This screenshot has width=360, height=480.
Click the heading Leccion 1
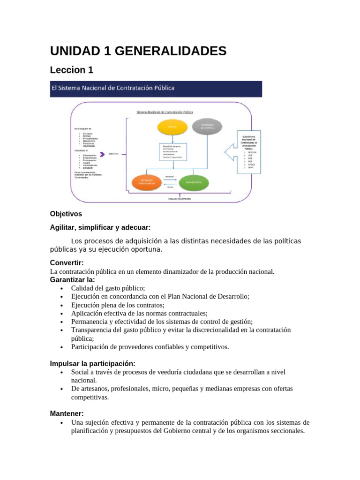72,70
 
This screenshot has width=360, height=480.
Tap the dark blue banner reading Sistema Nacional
156,88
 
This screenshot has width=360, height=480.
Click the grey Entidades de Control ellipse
207,127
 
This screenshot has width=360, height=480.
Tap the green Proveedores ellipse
194,182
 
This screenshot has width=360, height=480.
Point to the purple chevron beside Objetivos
99,153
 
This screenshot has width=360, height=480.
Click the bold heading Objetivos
66,214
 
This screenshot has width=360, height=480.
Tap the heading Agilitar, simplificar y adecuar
100,227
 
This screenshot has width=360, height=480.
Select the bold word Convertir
67,263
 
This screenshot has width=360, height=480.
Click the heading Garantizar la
72,280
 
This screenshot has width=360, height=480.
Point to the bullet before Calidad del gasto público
61,288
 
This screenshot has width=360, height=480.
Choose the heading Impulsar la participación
92,363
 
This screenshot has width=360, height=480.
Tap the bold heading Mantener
67,414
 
